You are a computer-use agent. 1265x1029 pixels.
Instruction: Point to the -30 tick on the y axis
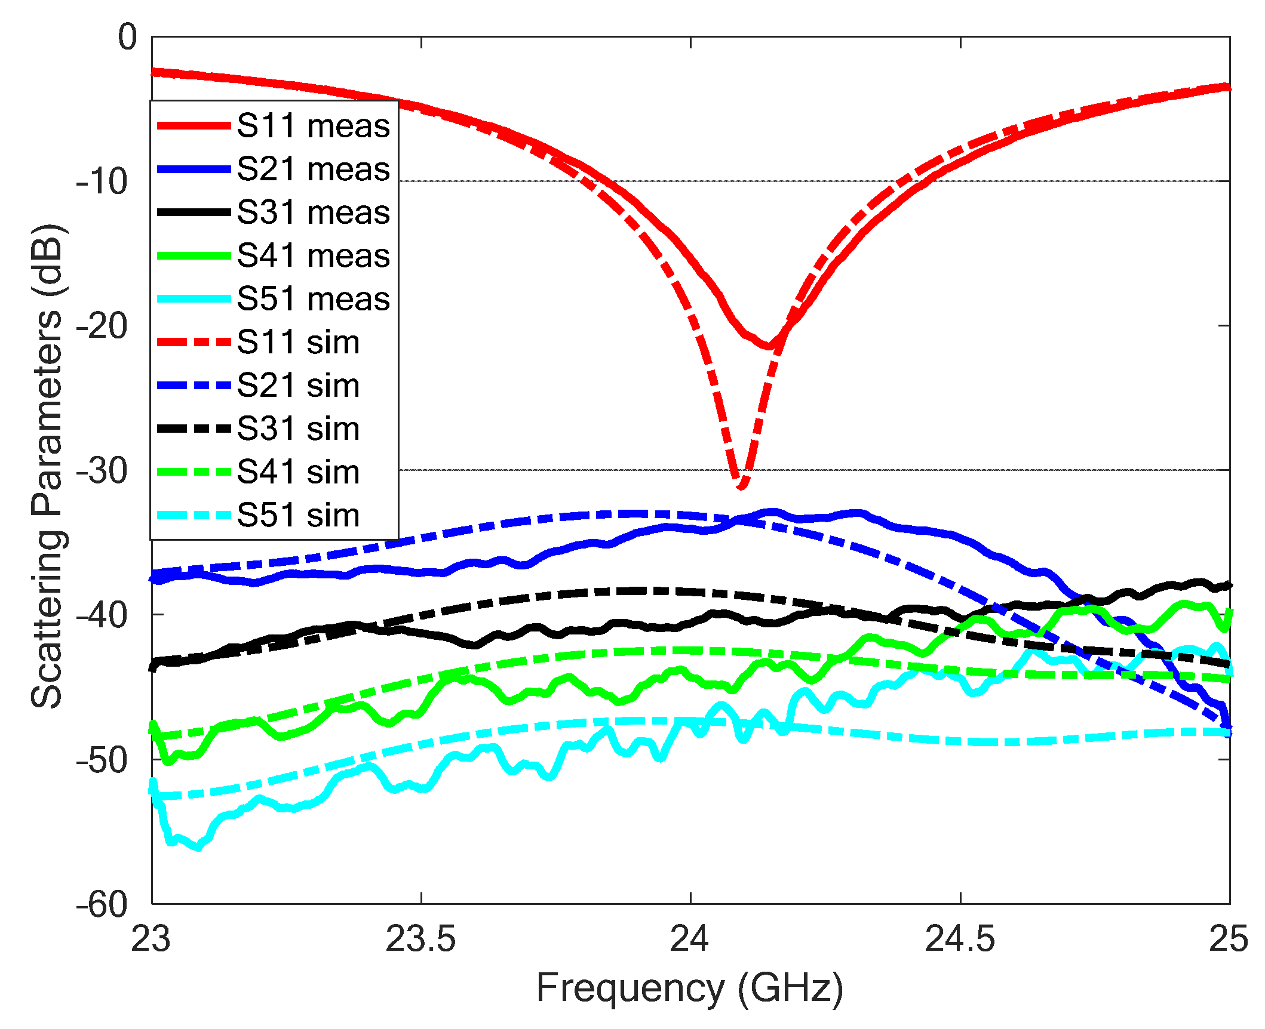click(102, 471)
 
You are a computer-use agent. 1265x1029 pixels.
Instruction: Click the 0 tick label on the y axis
click(127, 38)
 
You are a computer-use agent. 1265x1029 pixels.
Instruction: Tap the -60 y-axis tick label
click(102, 905)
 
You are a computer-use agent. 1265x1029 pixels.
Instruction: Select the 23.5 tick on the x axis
click(420, 939)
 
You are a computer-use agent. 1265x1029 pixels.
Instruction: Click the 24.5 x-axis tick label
click(960, 939)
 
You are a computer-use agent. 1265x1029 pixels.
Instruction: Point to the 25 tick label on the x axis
click(1228, 939)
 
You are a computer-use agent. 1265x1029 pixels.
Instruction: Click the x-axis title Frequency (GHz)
click(690, 988)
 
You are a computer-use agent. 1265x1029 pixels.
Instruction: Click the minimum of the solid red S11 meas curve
click(769, 346)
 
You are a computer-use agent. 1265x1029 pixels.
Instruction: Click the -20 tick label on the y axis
click(102, 326)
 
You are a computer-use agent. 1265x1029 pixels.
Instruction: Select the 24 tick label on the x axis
click(689, 939)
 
